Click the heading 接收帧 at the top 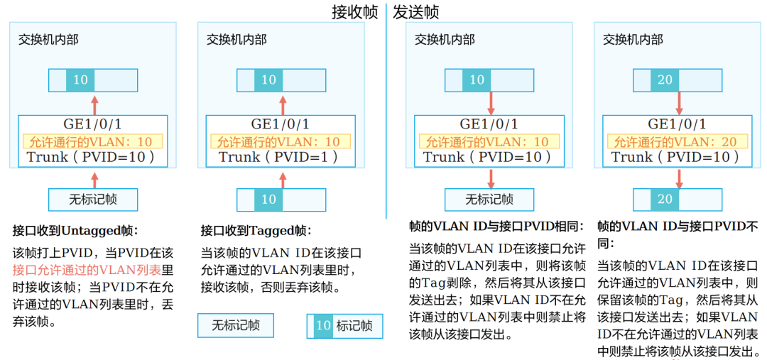point(354,12)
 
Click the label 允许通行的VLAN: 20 point(675,142)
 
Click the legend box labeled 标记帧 point(344,326)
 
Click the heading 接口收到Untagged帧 point(75,231)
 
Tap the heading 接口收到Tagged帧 point(256,231)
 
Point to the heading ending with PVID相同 point(496,227)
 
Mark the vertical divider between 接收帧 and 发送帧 point(386,107)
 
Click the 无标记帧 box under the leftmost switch point(92,200)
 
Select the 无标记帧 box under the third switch point(489,200)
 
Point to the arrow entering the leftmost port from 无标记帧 point(94,178)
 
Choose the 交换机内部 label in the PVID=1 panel point(236,40)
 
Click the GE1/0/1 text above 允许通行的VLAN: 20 point(677,124)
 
